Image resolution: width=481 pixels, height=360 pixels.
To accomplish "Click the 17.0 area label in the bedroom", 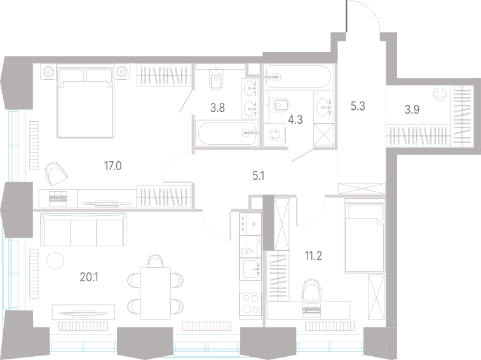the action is pos(113,166).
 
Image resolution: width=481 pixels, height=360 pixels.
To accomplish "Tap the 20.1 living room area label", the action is pos(89,277).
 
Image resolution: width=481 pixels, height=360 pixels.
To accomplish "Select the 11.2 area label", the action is pos(313,255).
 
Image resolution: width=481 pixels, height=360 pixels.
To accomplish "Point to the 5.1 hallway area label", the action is pos(259,176).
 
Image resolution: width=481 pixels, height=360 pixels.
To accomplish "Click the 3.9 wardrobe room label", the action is pos(412,109).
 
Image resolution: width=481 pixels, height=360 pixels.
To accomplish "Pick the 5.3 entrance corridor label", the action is pos(358,106).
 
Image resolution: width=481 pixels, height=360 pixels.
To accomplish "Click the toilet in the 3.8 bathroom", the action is pos(216,79).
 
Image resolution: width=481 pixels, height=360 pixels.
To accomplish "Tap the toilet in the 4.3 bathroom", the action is pos(278,105).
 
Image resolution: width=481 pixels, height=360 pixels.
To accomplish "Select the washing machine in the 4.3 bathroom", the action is pos(274,135).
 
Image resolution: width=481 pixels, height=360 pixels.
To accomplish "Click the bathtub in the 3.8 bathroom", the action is pos(227,133).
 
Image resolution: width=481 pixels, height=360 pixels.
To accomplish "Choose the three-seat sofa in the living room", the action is pos(83,230).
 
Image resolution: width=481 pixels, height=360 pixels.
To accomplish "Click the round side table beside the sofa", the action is pos(55,261).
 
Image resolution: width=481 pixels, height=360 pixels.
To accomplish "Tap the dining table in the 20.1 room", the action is pos(155,293).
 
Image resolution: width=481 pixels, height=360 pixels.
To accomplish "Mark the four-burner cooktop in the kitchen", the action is pos(250,303).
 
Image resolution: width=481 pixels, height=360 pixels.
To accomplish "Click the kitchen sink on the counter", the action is pos(250,269).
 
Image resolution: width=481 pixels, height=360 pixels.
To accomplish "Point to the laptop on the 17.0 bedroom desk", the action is pos(58,198).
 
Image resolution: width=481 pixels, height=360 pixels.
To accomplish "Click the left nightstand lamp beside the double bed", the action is pos(48,72).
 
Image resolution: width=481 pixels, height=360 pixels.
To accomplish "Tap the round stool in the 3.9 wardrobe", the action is pos(440,94).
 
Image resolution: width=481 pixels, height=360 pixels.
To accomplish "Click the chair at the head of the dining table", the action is pos(155,261).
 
